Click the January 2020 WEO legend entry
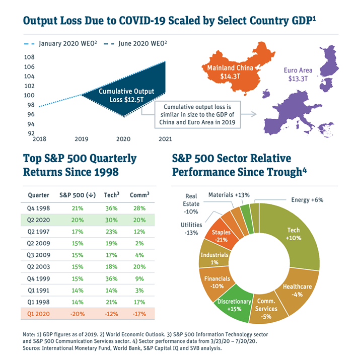(x=60, y=43)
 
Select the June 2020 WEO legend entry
(x=135, y=43)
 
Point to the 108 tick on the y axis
(x=29, y=57)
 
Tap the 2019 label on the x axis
(x=82, y=139)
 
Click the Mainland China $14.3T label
(x=230, y=72)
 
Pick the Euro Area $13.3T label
(x=298, y=75)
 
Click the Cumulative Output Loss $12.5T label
(x=126, y=95)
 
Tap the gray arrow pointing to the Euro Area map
(x=249, y=114)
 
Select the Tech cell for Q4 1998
(x=111, y=208)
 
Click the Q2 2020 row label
(x=38, y=220)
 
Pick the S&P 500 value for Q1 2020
(x=78, y=314)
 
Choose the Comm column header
(x=139, y=195)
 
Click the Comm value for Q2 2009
(x=139, y=243)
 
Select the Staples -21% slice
(x=220, y=235)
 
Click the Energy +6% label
(x=307, y=200)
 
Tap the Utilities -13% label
(x=191, y=229)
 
